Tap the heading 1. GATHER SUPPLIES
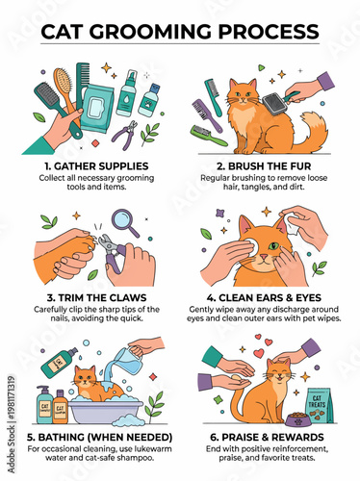coord(90,165)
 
